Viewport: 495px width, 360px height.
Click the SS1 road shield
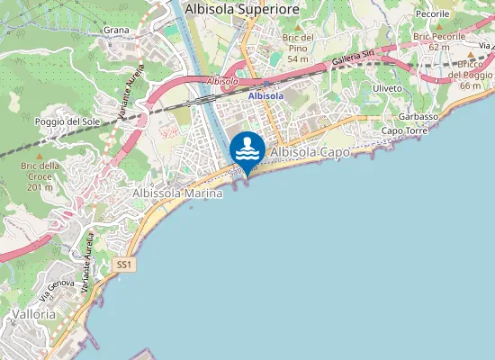point(124,265)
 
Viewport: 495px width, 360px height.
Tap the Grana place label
point(117,30)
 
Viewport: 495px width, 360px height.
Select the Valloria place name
point(35,314)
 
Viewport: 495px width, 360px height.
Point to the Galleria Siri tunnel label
point(353,59)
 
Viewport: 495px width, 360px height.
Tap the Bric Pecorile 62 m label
point(439,40)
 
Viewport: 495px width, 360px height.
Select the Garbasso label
point(419,117)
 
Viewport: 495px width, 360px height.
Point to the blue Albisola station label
point(265,95)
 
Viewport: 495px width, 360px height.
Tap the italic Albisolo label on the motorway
point(221,81)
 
